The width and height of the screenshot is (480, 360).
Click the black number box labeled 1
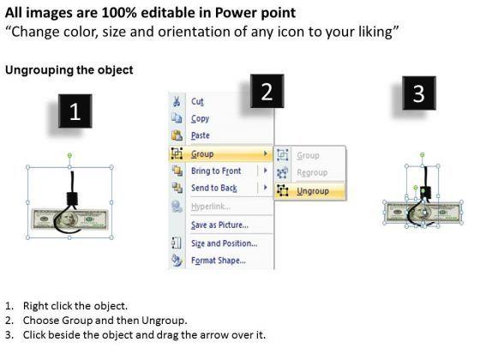pyautogui.click(x=75, y=111)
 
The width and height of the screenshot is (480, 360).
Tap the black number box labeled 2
pyautogui.click(x=267, y=91)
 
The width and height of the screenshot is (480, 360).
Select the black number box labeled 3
pyautogui.click(x=419, y=93)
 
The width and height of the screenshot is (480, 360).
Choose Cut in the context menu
pyautogui.click(x=197, y=101)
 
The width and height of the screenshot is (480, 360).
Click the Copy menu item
pyautogui.click(x=200, y=119)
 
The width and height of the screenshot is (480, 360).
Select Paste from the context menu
pyautogui.click(x=201, y=135)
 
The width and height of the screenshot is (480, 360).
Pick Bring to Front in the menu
pyautogui.click(x=216, y=171)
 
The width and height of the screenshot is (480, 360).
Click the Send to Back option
pyautogui.click(x=214, y=188)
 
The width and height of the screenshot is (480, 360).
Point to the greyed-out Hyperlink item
pyautogui.click(x=211, y=207)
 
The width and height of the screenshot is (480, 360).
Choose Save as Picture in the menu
pyautogui.click(x=219, y=225)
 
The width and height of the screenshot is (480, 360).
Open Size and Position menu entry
pyautogui.click(x=224, y=243)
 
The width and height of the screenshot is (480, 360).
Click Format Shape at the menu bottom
pyautogui.click(x=219, y=261)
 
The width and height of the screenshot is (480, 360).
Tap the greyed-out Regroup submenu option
pyautogui.click(x=312, y=172)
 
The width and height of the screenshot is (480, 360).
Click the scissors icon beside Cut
pyautogui.click(x=177, y=101)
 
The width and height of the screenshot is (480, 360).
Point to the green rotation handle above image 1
pyautogui.click(x=69, y=155)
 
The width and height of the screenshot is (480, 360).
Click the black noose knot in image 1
pyautogui.click(x=72, y=199)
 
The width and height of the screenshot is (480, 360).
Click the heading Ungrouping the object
pyautogui.click(x=69, y=69)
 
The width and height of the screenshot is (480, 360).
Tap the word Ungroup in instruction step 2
pyautogui.click(x=163, y=321)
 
